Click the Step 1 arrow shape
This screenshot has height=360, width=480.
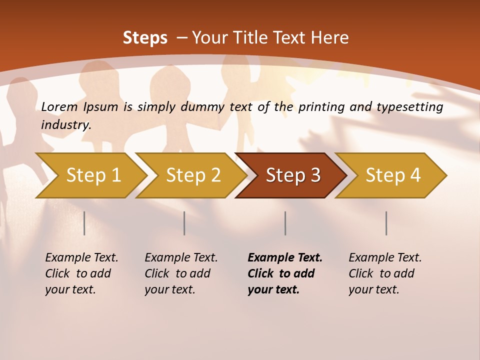click(x=93, y=175)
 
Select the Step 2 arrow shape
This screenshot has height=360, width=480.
click(x=193, y=175)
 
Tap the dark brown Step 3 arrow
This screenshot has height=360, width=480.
click(x=293, y=175)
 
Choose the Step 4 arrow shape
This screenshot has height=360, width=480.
click(x=393, y=175)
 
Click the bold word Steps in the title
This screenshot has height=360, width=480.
click(x=145, y=38)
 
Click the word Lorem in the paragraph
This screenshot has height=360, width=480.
click(x=59, y=106)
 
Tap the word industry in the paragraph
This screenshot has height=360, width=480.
click(x=65, y=124)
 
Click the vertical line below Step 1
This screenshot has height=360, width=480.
click(x=84, y=223)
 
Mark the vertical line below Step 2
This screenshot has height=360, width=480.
click(x=184, y=223)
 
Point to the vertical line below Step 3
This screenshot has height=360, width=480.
click(x=285, y=223)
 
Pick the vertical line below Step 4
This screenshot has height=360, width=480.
click(x=386, y=223)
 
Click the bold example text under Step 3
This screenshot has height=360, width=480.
click(x=284, y=273)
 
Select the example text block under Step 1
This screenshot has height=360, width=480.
click(x=81, y=273)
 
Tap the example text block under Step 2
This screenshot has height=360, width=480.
click(x=181, y=273)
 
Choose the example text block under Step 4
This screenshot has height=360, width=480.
click(x=385, y=273)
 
